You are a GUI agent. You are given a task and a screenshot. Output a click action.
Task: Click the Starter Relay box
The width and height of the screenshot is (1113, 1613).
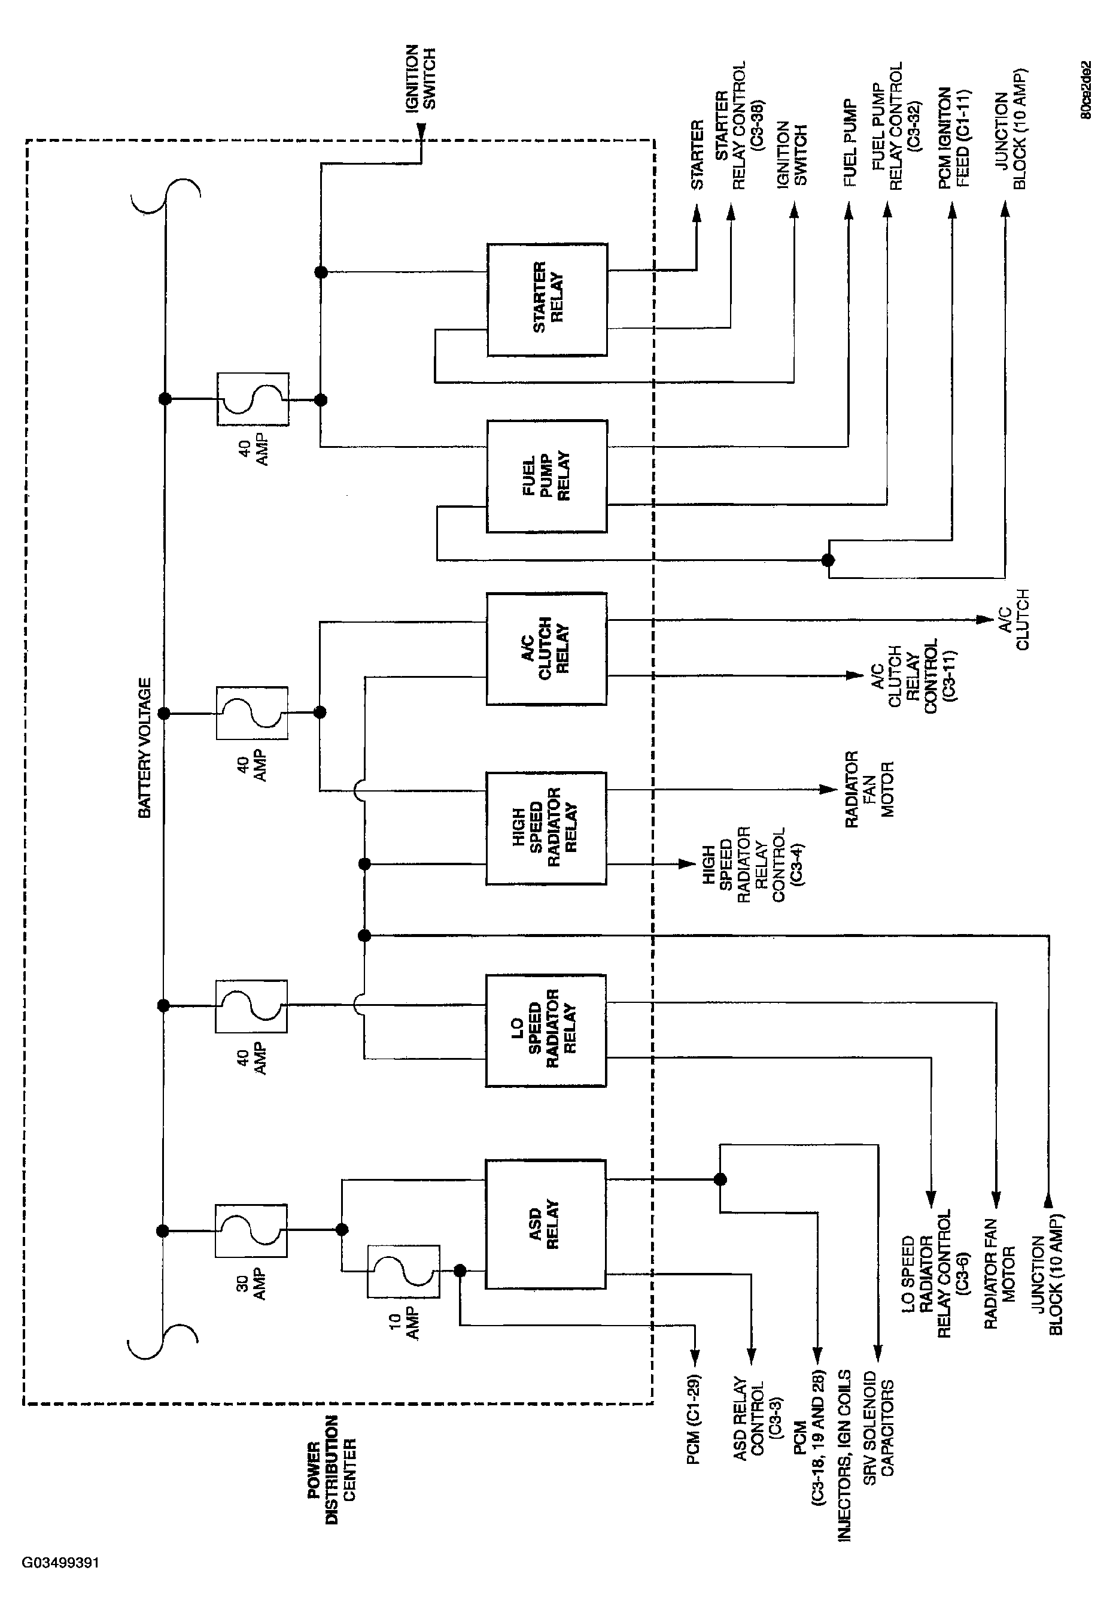pos(547,300)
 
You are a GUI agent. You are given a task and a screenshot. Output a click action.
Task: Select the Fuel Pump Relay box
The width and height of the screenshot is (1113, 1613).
pos(547,477)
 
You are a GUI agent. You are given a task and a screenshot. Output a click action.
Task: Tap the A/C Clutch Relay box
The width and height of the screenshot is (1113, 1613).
pos(547,649)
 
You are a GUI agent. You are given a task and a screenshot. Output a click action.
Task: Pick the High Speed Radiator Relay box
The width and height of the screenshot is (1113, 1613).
pos(546,828)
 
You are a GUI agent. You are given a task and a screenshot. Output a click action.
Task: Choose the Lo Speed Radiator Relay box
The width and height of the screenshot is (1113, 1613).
pos(546,1030)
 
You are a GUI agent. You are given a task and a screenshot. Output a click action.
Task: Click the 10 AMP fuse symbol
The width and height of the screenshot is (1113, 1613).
pos(404,1272)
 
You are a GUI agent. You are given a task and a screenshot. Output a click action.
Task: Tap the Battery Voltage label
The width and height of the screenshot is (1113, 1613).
pos(144,748)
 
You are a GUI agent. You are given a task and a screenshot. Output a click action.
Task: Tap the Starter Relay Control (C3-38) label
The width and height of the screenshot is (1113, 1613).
pos(730,126)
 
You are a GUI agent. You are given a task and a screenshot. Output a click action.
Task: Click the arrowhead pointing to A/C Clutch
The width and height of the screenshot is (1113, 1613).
pos(986,620)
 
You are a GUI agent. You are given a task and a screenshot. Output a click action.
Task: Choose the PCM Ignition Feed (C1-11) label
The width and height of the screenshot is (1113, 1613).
pos(953,138)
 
